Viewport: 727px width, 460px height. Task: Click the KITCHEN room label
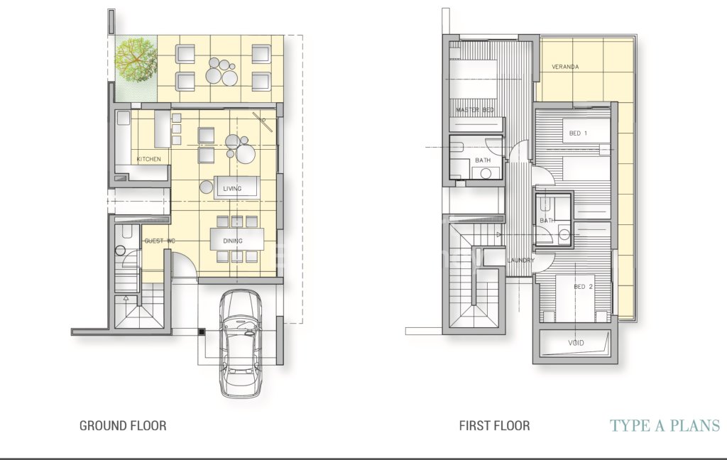(149, 159)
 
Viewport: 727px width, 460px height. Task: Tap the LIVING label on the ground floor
(232, 189)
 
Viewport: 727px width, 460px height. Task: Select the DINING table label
(233, 241)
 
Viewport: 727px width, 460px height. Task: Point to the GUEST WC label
(160, 241)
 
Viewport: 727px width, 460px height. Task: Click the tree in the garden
(136, 60)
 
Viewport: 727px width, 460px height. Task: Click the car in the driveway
(241, 344)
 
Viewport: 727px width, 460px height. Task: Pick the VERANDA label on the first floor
(565, 67)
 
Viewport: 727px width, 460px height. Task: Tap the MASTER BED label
(475, 110)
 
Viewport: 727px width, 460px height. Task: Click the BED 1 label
(578, 133)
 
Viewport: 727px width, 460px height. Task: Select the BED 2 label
(584, 287)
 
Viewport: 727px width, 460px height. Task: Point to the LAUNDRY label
(520, 260)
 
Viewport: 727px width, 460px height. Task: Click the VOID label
(576, 343)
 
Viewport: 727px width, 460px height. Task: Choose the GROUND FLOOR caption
(123, 426)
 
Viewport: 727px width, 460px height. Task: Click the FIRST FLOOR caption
(494, 426)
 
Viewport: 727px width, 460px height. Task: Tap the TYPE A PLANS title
(665, 426)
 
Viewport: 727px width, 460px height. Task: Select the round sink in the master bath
(486, 173)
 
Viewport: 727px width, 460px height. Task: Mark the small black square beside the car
(202, 332)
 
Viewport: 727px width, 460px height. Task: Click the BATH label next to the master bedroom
(483, 160)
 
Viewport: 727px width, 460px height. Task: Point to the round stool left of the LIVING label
(207, 187)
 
